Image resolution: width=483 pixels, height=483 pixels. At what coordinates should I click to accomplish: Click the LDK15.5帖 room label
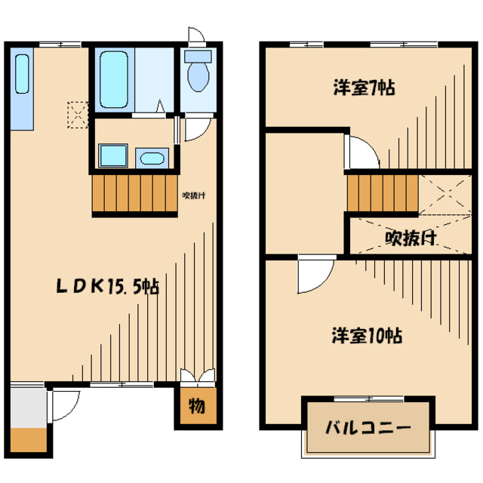[107, 287]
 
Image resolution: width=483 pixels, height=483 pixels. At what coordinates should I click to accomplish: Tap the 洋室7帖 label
[365, 87]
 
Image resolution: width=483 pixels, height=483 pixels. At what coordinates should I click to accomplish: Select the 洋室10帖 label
[367, 335]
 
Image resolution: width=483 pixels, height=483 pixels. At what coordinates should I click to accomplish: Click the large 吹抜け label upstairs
[412, 238]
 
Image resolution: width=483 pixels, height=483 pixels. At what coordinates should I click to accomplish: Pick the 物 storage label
[195, 407]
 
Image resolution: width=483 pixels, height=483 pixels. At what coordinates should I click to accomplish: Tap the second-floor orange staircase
[382, 193]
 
